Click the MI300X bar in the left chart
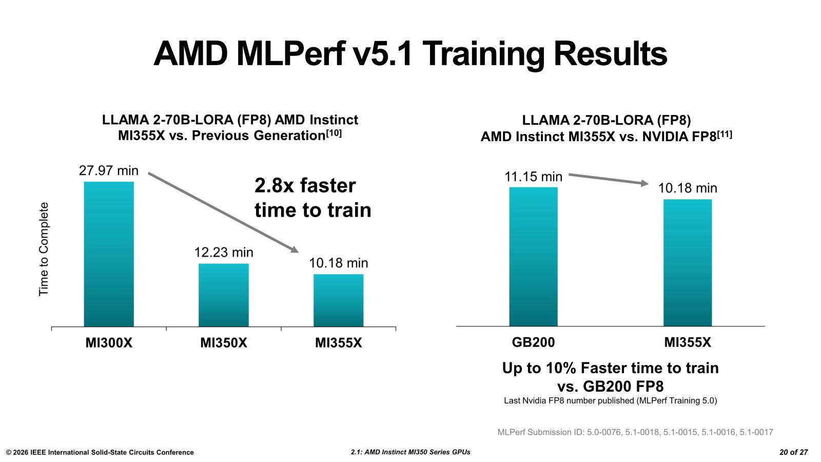click(109, 254)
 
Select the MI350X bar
click(224, 295)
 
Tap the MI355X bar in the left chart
click(339, 300)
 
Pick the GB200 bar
click(533, 257)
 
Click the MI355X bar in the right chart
click(688, 262)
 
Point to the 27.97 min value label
click(109, 171)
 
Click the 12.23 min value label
click(224, 253)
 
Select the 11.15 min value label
click(533, 177)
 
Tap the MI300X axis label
click(109, 343)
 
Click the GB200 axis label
click(533, 342)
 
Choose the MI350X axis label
click(224, 343)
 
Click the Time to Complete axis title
click(44, 249)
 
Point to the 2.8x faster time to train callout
click(312, 198)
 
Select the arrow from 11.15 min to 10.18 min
click(609, 179)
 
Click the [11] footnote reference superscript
click(724, 134)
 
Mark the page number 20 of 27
click(793, 452)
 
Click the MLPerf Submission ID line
click(635, 432)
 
